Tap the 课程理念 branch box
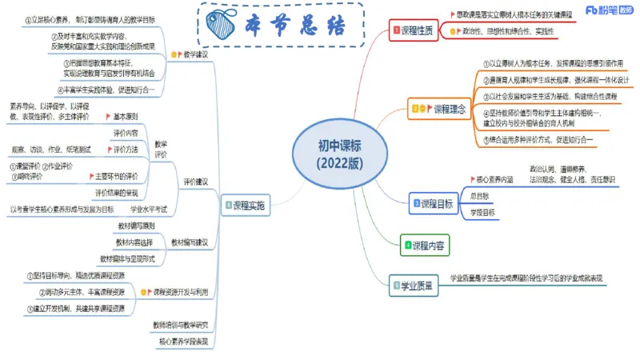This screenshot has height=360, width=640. point(437,107)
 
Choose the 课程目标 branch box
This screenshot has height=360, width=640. point(435,202)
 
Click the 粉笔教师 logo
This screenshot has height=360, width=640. point(610,10)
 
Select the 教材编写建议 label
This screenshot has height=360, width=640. point(190,242)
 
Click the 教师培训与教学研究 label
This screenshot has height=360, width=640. point(180,325)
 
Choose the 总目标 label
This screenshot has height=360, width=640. point(480,195)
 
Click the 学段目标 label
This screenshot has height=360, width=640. point(482,212)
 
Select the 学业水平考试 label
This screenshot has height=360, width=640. point(149,210)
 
